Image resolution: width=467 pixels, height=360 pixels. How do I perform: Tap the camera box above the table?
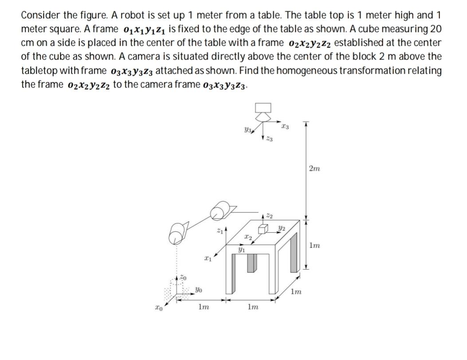pyautogui.click(x=262, y=108)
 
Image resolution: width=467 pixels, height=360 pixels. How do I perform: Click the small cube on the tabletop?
pyautogui.click(x=263, y=229)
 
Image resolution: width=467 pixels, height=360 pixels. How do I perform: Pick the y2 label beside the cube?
pyautogui.click(x=281, y=228)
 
